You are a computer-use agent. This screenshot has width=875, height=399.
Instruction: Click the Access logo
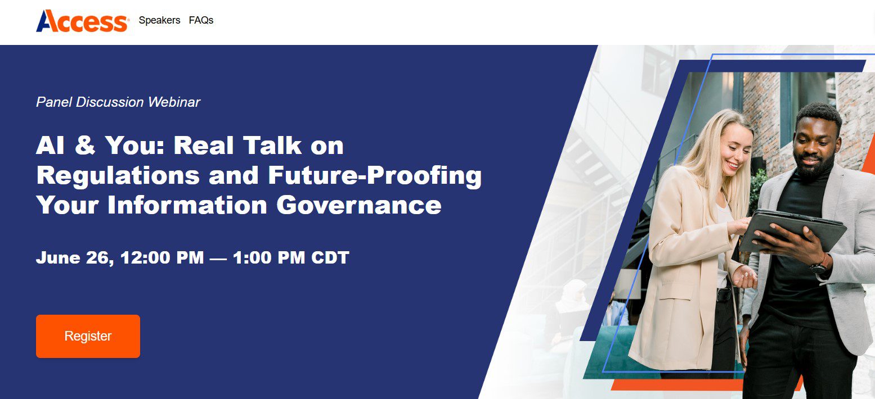click(82, 21)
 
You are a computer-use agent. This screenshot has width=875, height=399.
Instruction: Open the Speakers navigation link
click(159, 20)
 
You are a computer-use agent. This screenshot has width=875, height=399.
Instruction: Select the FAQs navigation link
click(201, 20)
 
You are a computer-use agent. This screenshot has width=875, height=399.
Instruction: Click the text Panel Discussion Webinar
click(118, 102)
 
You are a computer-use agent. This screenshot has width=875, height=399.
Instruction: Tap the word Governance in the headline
click(358, 205)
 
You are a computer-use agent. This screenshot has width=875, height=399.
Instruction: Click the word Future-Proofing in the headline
click(374, 175)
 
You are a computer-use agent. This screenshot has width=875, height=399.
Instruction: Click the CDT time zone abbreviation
click(329, 258)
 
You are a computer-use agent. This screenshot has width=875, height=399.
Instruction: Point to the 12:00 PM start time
click(158, 258)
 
